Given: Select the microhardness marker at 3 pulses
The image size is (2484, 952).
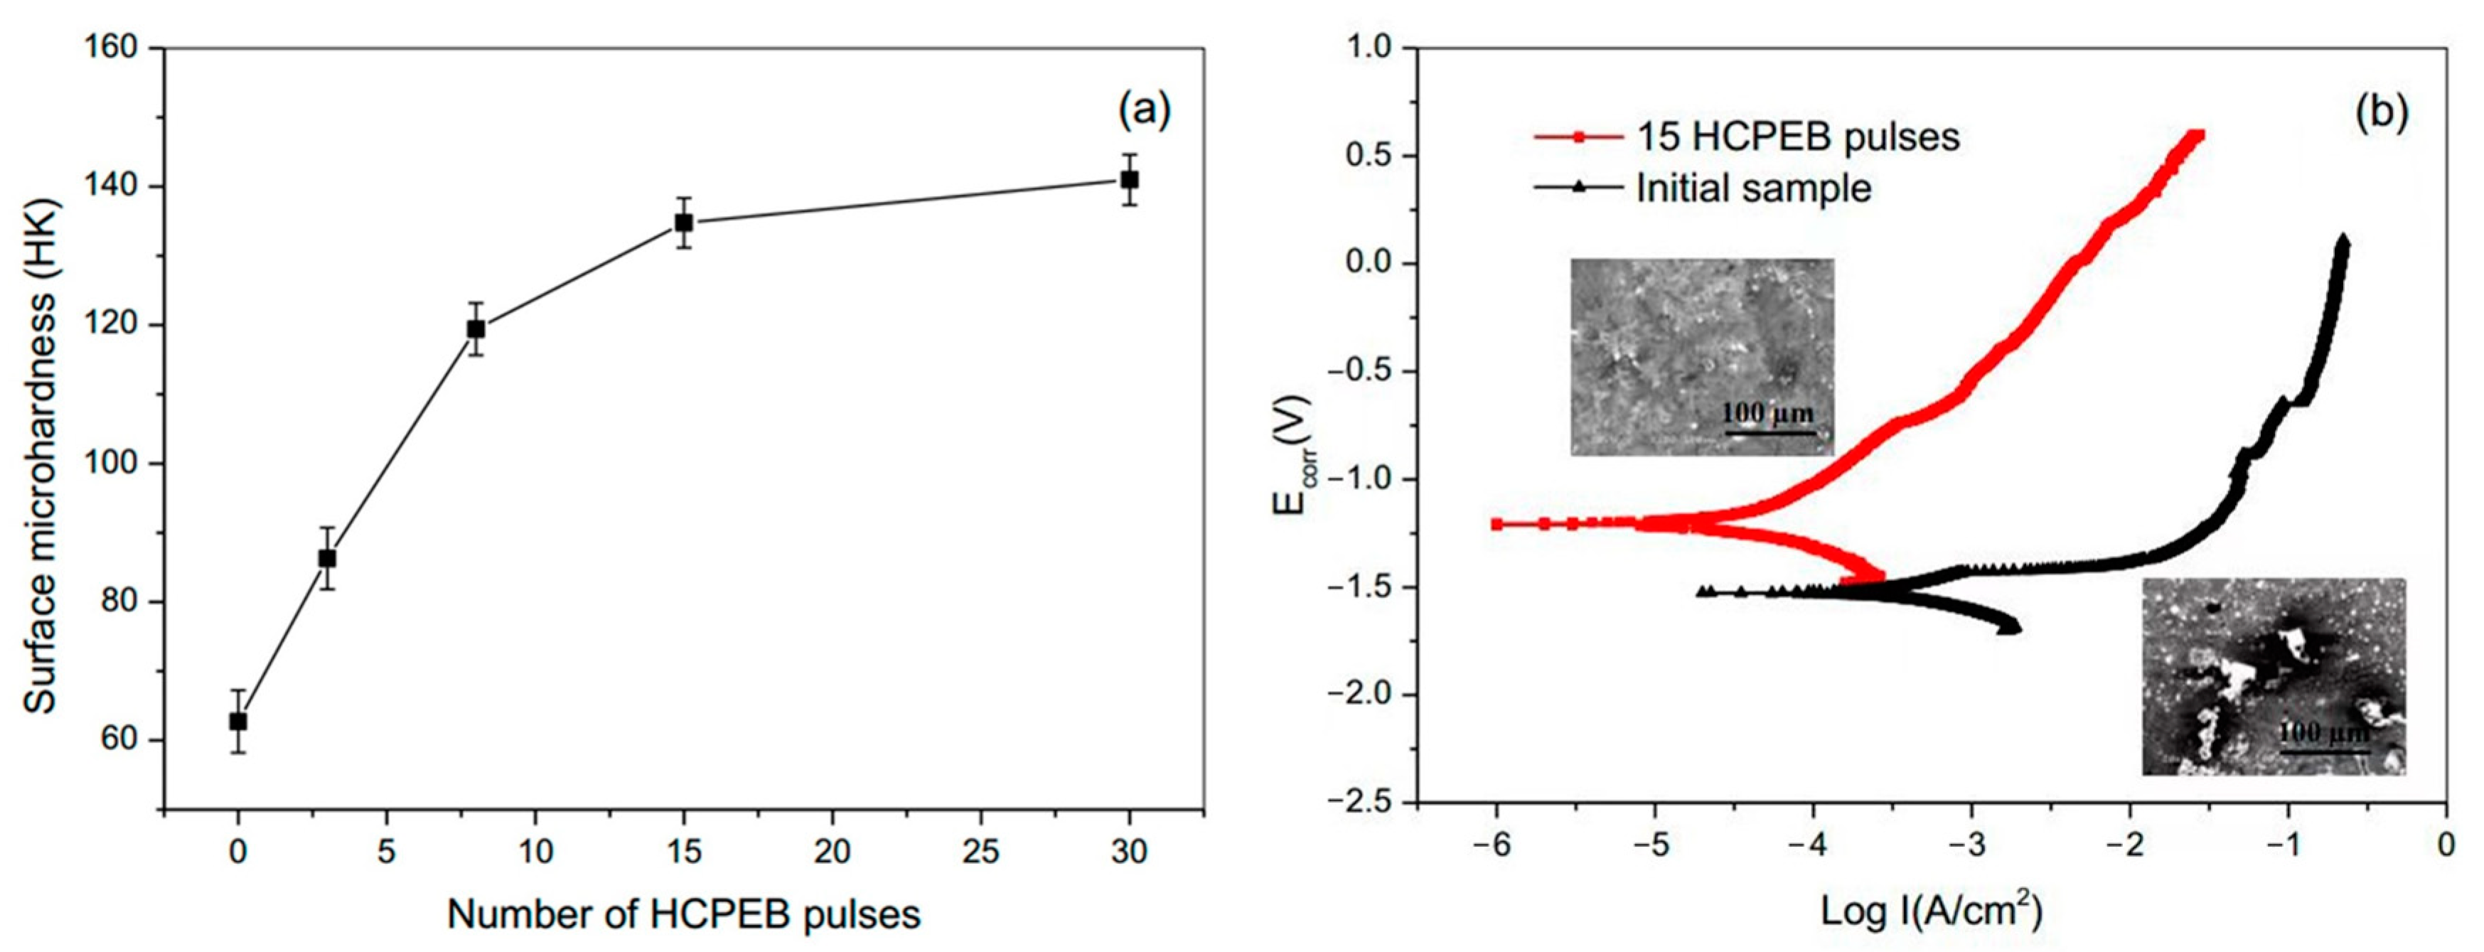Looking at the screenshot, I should coord(327,557).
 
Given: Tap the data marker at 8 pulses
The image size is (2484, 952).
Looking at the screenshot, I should coord(476,329).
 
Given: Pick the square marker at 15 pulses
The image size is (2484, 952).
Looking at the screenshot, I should coord(684,223).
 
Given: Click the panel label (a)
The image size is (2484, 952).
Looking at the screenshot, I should coord(1144,112).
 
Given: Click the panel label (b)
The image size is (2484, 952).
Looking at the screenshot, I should coord(2381,113).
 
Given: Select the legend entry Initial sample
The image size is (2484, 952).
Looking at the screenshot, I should coord(1753,188).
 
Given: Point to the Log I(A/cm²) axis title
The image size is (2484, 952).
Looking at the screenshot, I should coord(1932,909).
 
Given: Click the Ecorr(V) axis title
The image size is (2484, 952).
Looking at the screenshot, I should coord(1292,455).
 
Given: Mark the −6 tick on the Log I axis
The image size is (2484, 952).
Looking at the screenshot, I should coord(1494,846).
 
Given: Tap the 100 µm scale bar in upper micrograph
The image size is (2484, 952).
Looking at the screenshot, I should coord(1770,432).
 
